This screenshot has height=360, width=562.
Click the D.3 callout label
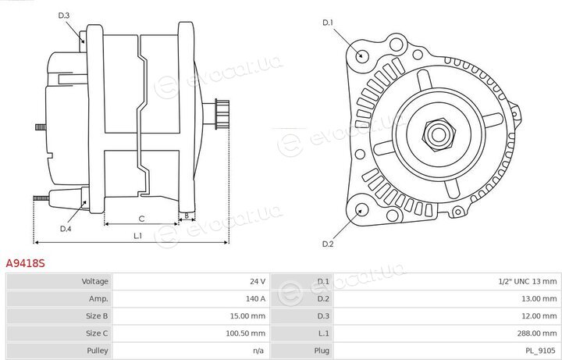coord(63,16)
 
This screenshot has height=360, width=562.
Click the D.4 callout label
coord(66,228)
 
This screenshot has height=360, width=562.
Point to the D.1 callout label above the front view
coord(328,23)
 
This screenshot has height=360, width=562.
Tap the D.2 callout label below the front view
coord(328,244)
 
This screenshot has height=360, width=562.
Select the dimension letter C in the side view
coord(141,219)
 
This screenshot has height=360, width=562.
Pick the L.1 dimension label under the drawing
coord(138,236)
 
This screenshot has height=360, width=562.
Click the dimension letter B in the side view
coord(187,216)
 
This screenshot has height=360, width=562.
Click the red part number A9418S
coord(26,263)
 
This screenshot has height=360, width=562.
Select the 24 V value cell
coord(258,281)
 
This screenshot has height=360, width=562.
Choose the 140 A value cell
coord(255,298)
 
